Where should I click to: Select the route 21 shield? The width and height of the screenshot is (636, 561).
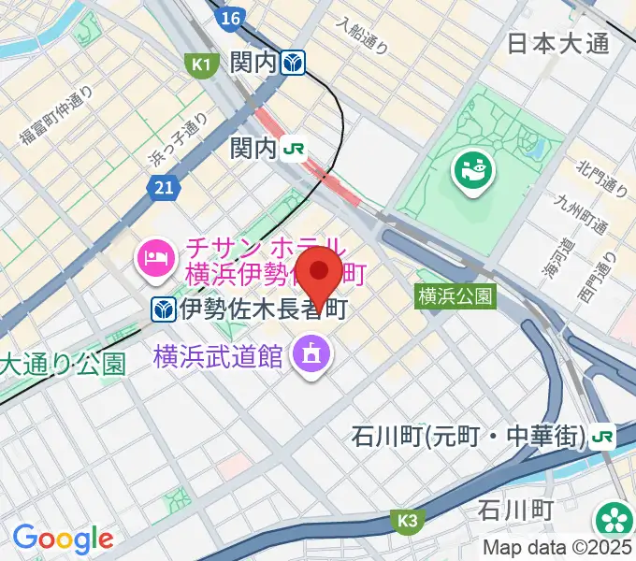click(164, 189)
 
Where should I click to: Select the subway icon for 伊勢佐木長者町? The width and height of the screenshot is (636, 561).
click(163, 307)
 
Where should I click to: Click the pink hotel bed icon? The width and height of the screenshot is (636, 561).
click(154, 256)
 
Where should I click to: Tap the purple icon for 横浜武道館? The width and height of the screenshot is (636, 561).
click(308, 354)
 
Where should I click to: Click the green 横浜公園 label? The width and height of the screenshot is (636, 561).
click(455, 296)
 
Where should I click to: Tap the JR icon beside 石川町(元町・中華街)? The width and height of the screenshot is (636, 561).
click(603, 436)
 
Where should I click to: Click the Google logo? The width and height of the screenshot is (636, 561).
click(63, 539)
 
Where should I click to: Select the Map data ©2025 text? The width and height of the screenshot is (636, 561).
click(558, 547)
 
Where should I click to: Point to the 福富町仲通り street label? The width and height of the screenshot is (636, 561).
click(56, 116)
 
